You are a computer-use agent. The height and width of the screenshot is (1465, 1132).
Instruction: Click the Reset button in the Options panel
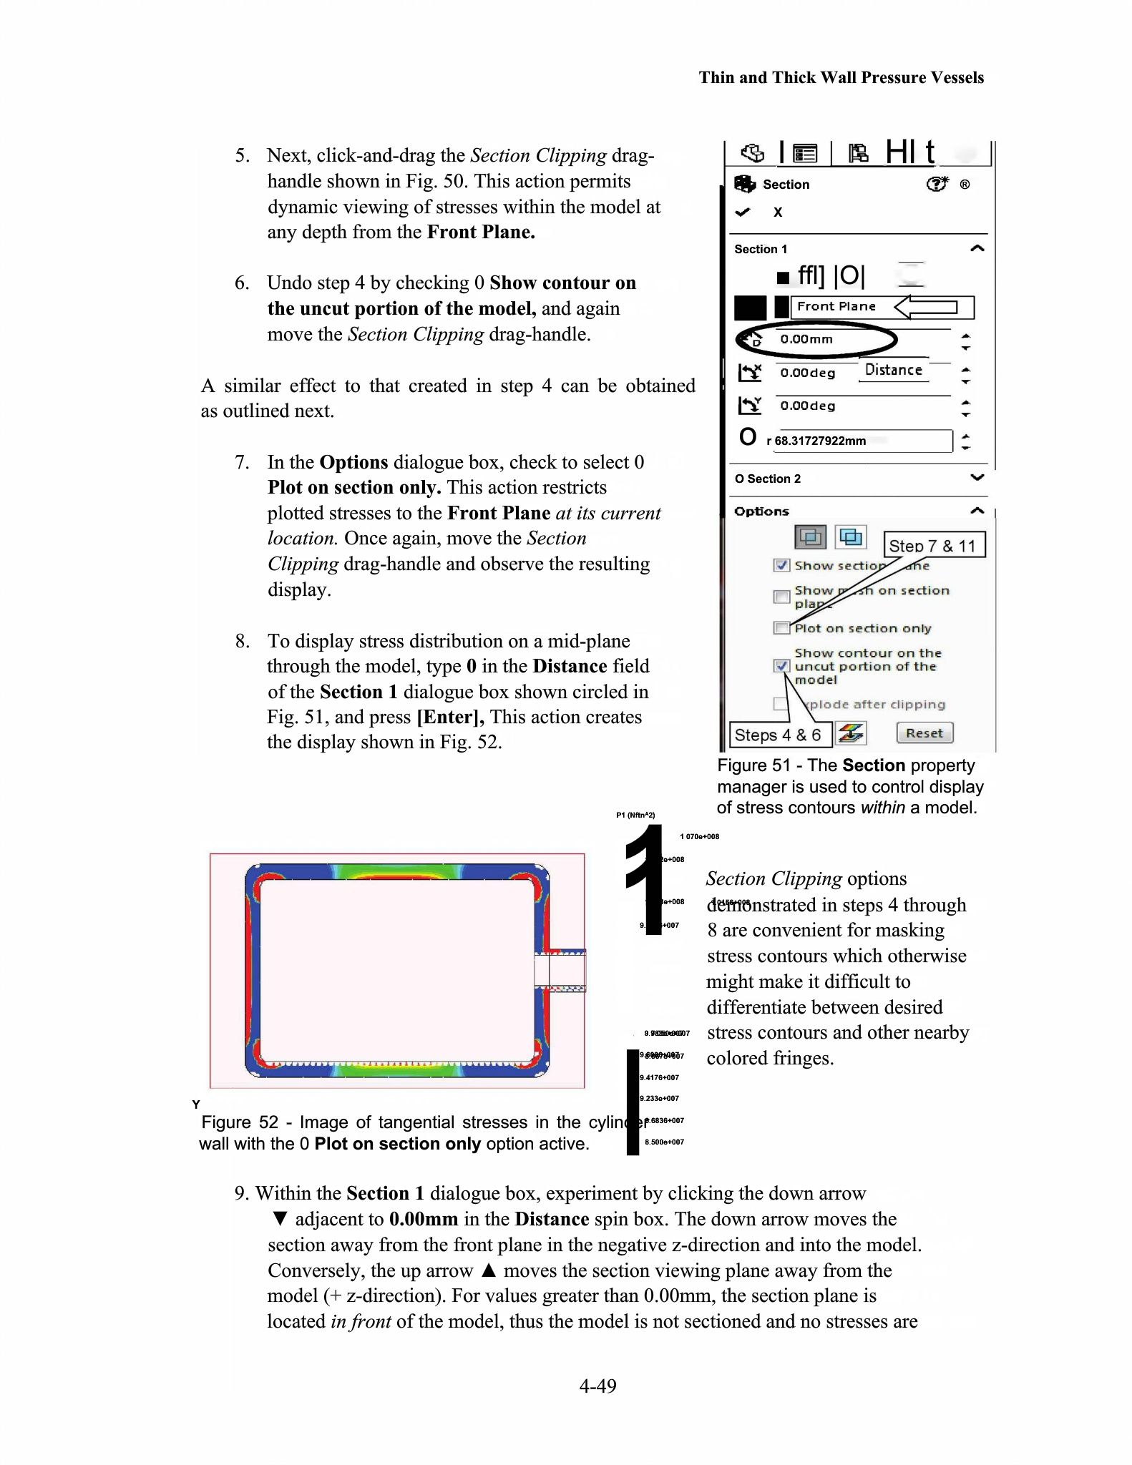pyautogui.click(x=924, y=733)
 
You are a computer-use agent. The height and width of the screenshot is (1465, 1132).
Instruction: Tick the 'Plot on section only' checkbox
pyautogui.click(x=781, y=628)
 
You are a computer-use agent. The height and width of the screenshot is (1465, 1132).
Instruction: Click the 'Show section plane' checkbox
pyautogui.click(x=781, y=565)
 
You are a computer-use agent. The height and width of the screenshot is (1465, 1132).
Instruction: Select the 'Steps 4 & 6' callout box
pyautogui.click(x=779, y=735)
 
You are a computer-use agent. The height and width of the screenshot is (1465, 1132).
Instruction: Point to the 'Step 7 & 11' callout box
pyautogui.click(x=934, y=545)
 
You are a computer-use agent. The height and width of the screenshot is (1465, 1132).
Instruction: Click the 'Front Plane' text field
pyautogui.click(x=837, y=307)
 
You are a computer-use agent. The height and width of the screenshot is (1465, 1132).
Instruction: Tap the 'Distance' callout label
pyautogui.click(x=893, y=370)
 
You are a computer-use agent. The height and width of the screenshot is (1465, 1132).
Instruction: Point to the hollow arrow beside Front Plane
pyautogui.click(x=927, y=307)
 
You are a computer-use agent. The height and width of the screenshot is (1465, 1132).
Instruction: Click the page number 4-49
pyautogui.click(x=597, y=1386)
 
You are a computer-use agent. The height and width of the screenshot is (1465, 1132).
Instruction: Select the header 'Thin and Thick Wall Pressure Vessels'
pyautogui.click(x=841, y=77)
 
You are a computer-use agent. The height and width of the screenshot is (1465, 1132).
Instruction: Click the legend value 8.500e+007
pyautogui.click(x=664, y=1142)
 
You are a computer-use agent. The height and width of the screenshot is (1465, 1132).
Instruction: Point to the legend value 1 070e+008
pyautogui.click(x=699, y=836)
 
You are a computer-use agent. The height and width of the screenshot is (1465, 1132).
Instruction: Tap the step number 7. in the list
pyautogui.click(x=243, y=462)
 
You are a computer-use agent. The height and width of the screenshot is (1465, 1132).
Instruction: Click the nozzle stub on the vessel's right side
pyautogui.click(x=560, y=971)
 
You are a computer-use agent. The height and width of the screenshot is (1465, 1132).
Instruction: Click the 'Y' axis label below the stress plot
pyautogui.click(x=196, y=1104)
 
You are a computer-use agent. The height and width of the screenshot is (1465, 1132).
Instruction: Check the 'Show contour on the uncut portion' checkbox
pyautogui.click(x=781, y=666)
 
